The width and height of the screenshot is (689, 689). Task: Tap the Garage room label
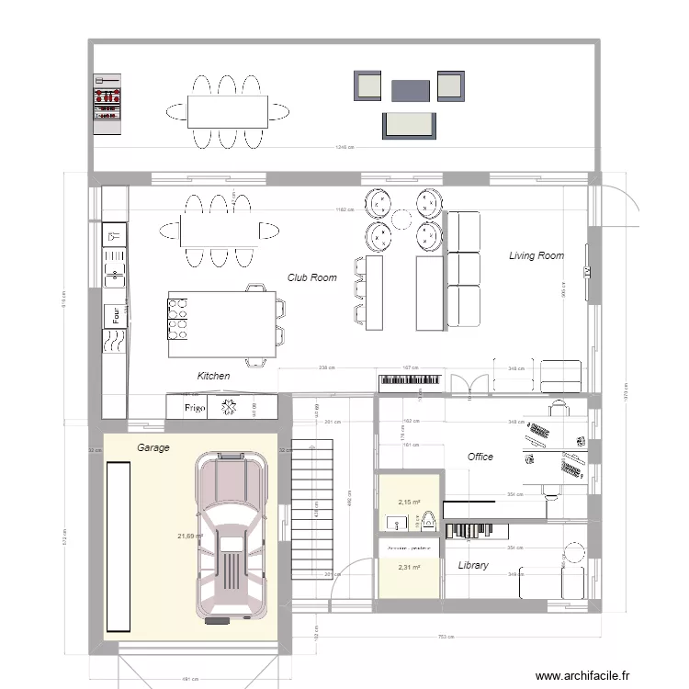point(153,447)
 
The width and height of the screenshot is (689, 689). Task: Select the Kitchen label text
point(213,376)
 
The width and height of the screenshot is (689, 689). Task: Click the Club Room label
point(311,277)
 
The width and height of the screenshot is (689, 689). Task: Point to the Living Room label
point(537,255)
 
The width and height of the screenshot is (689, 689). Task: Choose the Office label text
point(480,457)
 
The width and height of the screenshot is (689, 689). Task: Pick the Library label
point(473,566)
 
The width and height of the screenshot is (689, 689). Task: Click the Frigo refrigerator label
point(194,407)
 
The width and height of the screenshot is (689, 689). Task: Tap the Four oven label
point(116,315)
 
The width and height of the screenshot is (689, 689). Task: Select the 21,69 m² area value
point(190,536)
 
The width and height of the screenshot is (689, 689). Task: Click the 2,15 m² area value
point(409,503)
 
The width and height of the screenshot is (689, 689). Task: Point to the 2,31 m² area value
point(409,568)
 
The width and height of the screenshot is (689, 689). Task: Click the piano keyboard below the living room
point(411,379)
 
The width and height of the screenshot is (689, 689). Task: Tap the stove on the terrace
point(107,98)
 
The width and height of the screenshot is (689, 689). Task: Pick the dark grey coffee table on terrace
point(411,90)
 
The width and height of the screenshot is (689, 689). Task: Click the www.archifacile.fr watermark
point(583,674)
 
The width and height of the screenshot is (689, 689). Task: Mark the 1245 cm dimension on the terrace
point(344,147)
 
